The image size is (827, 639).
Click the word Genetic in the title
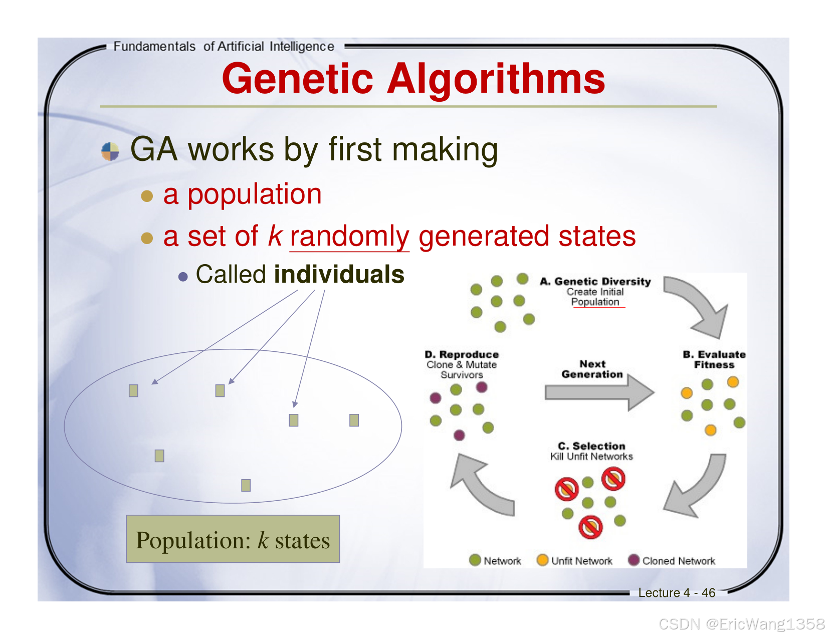point(298,79)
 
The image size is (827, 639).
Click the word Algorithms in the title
point(496,79)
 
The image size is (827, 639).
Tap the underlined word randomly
point(349,236)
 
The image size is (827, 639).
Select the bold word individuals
point(339,275)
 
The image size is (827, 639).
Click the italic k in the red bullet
point(275,236)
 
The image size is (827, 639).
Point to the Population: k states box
point(233,539)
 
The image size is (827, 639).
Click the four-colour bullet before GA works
point(110,151)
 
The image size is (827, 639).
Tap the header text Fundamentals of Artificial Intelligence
point(224,47)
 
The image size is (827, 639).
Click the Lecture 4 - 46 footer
point(676,593)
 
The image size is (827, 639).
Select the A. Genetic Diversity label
point(595,282)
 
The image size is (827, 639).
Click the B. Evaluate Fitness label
point(714,359)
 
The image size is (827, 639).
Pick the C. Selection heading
point(591,446)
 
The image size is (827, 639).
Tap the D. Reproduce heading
point(462,355)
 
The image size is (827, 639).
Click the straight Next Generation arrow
point(599,392)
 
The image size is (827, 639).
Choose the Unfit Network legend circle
point(542,560)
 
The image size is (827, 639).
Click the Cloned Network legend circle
point(634,560)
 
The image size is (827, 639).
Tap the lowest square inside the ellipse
point(246,485)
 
